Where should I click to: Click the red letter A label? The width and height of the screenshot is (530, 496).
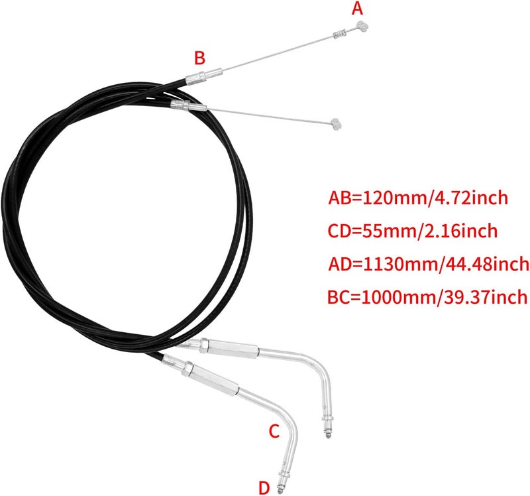(357, 9)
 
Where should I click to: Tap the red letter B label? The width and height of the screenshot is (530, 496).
(199, 58)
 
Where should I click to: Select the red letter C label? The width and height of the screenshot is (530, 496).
(274, 432)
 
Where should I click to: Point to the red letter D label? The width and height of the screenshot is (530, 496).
(264, 488)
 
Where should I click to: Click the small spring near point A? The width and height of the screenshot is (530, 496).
(340, 34)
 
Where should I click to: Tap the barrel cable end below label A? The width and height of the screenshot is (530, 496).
(362, 26)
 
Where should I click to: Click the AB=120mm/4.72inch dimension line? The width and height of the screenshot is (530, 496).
(418, 198)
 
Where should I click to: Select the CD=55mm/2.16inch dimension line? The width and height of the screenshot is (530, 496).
(413, 231)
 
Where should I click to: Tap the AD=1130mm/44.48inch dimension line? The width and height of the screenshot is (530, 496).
(429, 264)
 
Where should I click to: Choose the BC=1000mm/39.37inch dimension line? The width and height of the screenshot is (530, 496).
(427, 297)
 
